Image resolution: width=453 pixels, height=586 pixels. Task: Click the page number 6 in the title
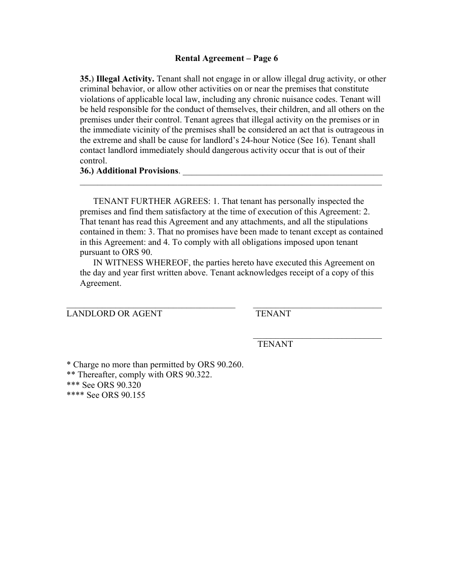pyautogui.click(x=276, y=59)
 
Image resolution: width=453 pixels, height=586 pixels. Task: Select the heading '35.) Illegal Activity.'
pyautogui.click(x=117, y=79)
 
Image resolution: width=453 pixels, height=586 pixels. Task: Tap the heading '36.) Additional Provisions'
pyautogui.click(x=130, y=171)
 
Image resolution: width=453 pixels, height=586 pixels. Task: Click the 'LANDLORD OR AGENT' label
pyautogui.click(x=114, y=313)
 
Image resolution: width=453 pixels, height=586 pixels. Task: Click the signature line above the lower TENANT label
pyautogui.click(x=317, y=338)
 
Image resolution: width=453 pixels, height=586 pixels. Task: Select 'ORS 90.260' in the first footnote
pyautogui.click(x=221, y=364)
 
